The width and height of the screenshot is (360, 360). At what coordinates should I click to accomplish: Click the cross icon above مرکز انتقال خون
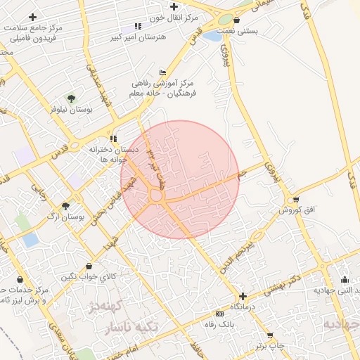click(174, 6)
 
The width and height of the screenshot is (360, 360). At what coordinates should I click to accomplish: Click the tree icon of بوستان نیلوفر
click(70, 98)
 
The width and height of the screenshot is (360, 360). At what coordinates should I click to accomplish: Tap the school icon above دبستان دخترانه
click(113, 139)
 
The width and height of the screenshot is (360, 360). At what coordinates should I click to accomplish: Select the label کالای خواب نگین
click(88, 276)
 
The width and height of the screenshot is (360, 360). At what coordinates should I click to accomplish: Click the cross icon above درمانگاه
click(243, 297)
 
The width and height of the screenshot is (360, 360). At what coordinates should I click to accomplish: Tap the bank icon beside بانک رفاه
click(220, 313)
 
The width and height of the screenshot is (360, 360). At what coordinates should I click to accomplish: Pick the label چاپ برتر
click(271, 346)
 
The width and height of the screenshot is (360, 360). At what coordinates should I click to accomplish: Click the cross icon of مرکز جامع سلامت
click(32, 16)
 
